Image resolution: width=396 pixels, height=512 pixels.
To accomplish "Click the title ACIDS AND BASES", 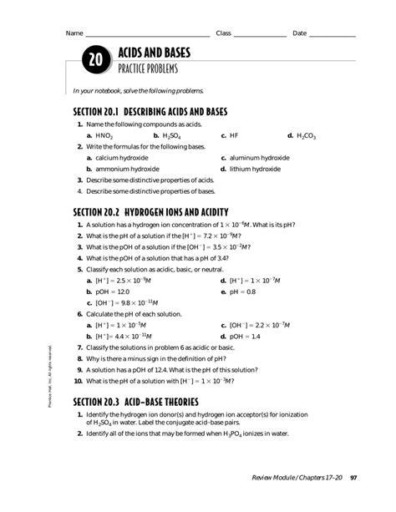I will (155, 53).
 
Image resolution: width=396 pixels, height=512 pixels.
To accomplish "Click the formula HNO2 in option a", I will (104, 134).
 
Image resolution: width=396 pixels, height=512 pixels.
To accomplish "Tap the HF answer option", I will (235, 134).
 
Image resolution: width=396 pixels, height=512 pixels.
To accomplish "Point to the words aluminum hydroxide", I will (260, 157).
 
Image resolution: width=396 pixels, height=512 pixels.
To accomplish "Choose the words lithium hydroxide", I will (255, 168).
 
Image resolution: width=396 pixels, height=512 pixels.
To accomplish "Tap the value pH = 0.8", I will (243, 292).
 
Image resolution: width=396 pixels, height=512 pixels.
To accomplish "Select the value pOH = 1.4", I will (245, 336).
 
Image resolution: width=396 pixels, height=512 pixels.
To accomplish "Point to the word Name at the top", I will (74, 33).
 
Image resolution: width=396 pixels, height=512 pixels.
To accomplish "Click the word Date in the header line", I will (299, 33).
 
